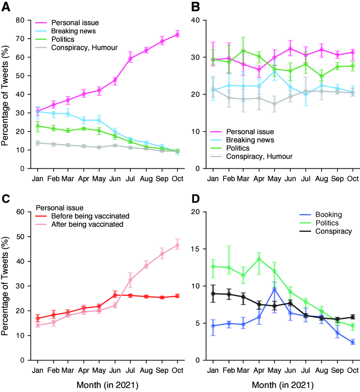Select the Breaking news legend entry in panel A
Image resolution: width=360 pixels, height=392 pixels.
pyautogui.click(x=73, y=31)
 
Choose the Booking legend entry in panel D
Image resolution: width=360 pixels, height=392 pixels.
pyautogui.click(x=328, y=214)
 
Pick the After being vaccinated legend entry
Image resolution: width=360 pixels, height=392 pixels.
pyautogui.click(x=88, y=224)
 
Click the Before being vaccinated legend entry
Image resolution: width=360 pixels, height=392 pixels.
pyautogui.click(x=90, y=216)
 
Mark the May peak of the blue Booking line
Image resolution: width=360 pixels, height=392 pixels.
pyautogui.click(x=274, y=289)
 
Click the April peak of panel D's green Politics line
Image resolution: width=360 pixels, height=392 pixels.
pyautogui.click(x=259, y=259)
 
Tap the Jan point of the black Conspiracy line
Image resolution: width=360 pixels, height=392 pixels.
pyautogui.click(x=213, y=293)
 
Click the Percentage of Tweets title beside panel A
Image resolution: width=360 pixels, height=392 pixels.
pyautogui.click(x=6, y=94)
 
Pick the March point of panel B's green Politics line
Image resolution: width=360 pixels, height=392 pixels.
pyautogui.click(x=243, y=51)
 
